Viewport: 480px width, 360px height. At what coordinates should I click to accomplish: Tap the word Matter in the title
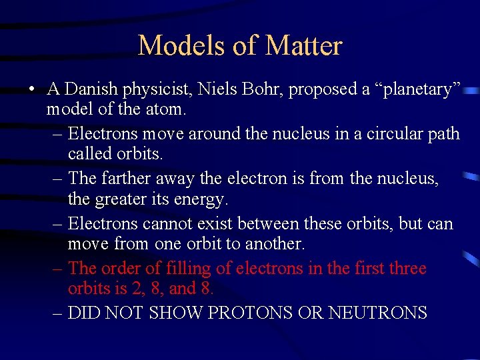click(x=303, y=45)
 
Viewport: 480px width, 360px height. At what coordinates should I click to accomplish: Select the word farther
click(x=126, y=179)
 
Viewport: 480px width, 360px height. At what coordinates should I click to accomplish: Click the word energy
click(x=203, y=199)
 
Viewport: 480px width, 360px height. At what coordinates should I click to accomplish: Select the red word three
click(x=406, y=269)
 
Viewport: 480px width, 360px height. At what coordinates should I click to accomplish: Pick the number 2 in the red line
click(x=135, y=289)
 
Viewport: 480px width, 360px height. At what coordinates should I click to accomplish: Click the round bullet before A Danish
click(x=31, y=89)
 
